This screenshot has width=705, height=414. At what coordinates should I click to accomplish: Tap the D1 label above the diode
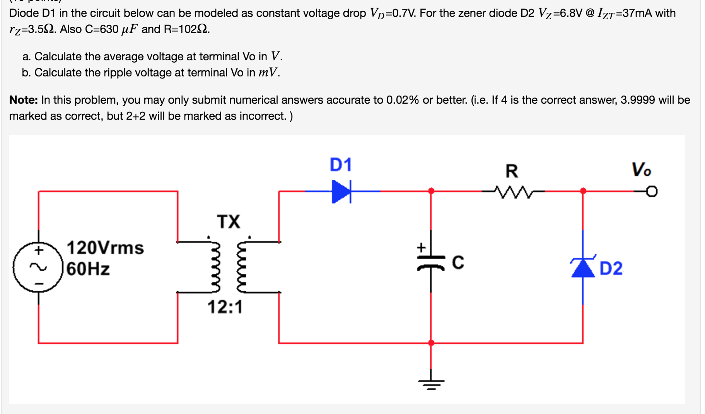coord(340,165)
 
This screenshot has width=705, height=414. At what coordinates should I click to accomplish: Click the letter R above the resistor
coord(512,171)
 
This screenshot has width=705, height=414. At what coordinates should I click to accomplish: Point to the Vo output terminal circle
coord(651,191)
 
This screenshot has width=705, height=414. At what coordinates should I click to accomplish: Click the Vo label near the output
coord(641,170)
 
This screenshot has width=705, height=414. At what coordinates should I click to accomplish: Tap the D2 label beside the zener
coord(611,269)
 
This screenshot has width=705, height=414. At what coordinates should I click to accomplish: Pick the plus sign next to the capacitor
coord(421,248)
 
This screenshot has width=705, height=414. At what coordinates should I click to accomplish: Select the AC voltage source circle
coord(38,267)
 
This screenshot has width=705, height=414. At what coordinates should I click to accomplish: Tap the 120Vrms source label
coord(105,248)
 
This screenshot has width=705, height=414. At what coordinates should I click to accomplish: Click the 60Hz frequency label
coord(88,269)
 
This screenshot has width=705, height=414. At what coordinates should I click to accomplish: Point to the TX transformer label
coord(228,221)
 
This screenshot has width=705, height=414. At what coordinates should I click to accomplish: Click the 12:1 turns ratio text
coord(225,307)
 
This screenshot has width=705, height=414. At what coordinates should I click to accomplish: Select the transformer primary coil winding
coord(216,267)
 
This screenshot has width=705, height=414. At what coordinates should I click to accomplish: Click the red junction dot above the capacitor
coord(431,191)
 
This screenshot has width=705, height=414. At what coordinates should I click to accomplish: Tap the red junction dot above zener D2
coord(583,191)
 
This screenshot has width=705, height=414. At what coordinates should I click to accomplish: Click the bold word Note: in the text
coord(23,100)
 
